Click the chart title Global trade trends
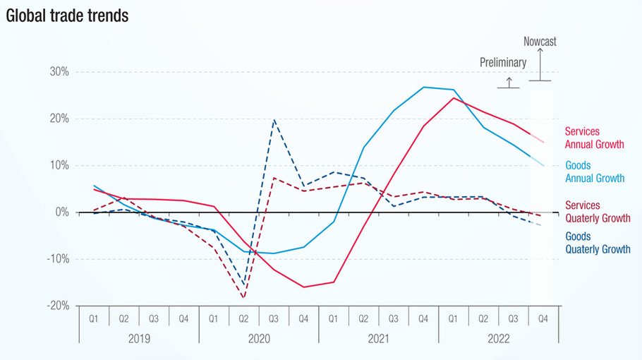point(67,16)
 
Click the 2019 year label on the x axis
point(138,338)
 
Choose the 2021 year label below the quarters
point(378,338)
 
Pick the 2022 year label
point(498,338)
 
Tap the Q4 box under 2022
point(543,318)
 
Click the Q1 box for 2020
point(214,318)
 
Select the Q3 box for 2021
point(394,318)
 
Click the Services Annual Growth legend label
point(594,138)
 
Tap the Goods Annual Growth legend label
point(594,172)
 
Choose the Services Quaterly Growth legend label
point(598,212)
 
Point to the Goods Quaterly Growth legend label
point(598,243)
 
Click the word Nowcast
point(540,42)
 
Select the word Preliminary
point(503,62)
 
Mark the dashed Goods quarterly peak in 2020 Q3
point(274,120)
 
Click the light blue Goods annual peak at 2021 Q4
point(424,87)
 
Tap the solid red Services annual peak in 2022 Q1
point(454,97)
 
